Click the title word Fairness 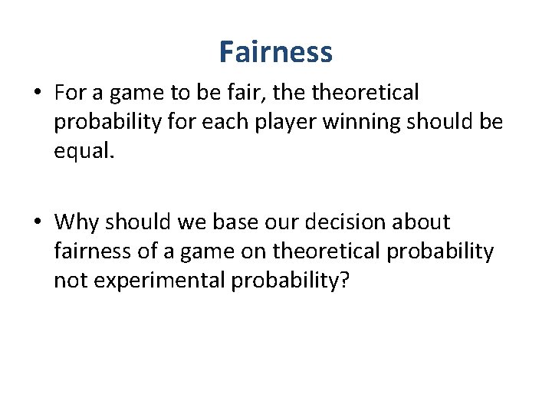[275, 52]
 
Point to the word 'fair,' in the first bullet [231, 93]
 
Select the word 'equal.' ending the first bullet [84, 149]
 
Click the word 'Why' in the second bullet [77, 222]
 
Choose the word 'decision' [350, 222]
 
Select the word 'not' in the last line [69, 279]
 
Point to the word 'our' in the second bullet [279, 222]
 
